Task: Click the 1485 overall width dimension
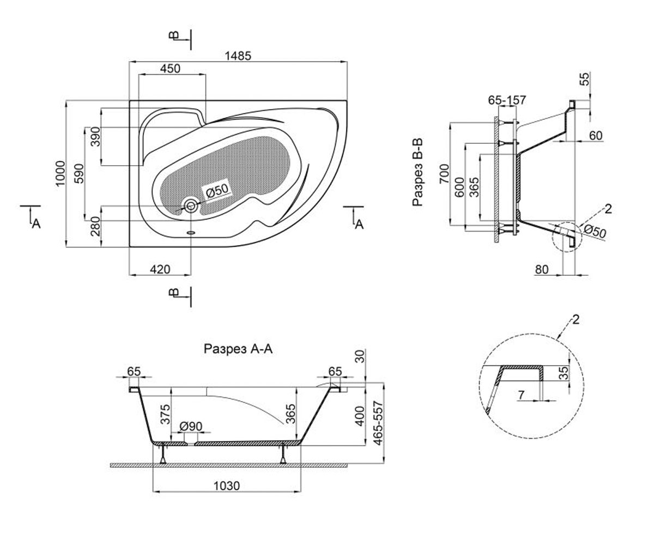click(x=238, y=56)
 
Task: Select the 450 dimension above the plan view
click(x=170, y=69)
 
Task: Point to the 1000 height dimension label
click(x=60, y=173)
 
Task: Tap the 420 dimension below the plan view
click(x=160, y=269)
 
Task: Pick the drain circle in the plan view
click(x=190, y=206)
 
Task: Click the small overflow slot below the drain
click(x=191, y=233)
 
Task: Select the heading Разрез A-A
click(x=238, y=349)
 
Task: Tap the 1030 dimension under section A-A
click(x=227, y=486)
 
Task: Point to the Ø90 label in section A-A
click(x=191, y=426)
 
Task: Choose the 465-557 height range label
click(x=379, y=423)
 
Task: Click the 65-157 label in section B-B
click(x=507, y=100)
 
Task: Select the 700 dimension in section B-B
click(x=444, y=174)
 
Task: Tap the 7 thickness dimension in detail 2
click(x=521, y=395)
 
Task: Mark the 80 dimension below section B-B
click(x=542, y=269)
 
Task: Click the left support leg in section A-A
click(x=163, y=454)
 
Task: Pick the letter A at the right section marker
click(x=359, y=224)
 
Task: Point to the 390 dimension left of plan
click(x=95, y=137)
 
